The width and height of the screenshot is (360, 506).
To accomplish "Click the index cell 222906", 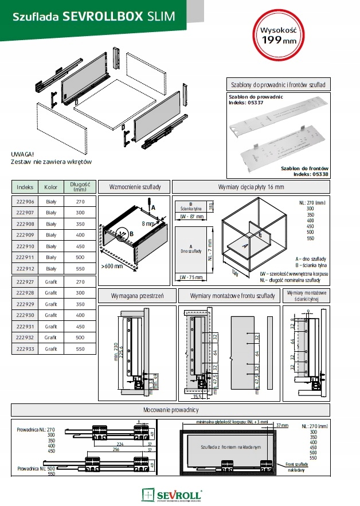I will pos(25,202).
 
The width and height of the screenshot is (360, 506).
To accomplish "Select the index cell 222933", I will pos(25,348).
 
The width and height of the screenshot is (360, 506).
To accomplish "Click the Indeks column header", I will pos(25,187).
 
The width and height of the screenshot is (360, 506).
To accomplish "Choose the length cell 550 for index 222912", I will pos(80,268).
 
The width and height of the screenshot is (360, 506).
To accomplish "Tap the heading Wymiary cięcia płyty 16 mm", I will pos(251,187).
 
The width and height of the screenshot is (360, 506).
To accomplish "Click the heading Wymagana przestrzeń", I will pos(137,296).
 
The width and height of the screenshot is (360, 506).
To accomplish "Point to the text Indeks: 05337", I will pos(246,103).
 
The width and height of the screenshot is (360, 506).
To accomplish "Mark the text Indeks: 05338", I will pos(310,174).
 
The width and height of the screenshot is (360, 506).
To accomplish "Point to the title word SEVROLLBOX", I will pos(95,18).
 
